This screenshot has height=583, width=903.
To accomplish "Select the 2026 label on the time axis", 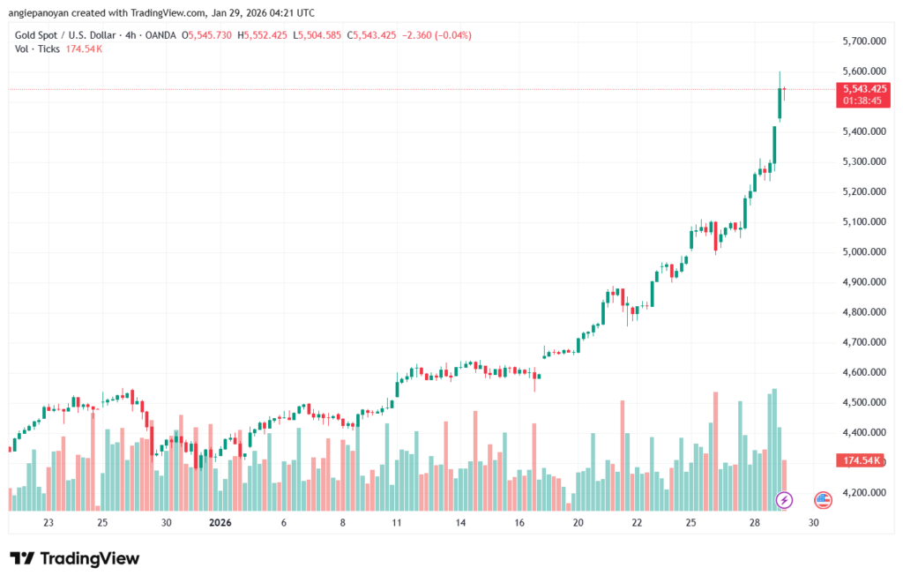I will click(x=220, y=522).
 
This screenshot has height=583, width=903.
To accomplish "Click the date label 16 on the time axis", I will click(x=519, y=522).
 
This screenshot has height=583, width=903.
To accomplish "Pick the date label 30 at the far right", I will click(x=812, y=522).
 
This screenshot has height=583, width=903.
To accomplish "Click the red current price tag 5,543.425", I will click(x=865, y=88).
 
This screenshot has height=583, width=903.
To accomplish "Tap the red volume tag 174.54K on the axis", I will click(x=864, y=460).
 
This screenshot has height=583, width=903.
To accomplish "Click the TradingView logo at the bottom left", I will click(x=74, y=558).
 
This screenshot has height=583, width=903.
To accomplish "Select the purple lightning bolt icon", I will click(x=784, y=500).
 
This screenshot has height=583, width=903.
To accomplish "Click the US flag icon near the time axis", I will click(x=823, y=500).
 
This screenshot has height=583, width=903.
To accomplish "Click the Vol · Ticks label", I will click(x=37, y=49).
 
